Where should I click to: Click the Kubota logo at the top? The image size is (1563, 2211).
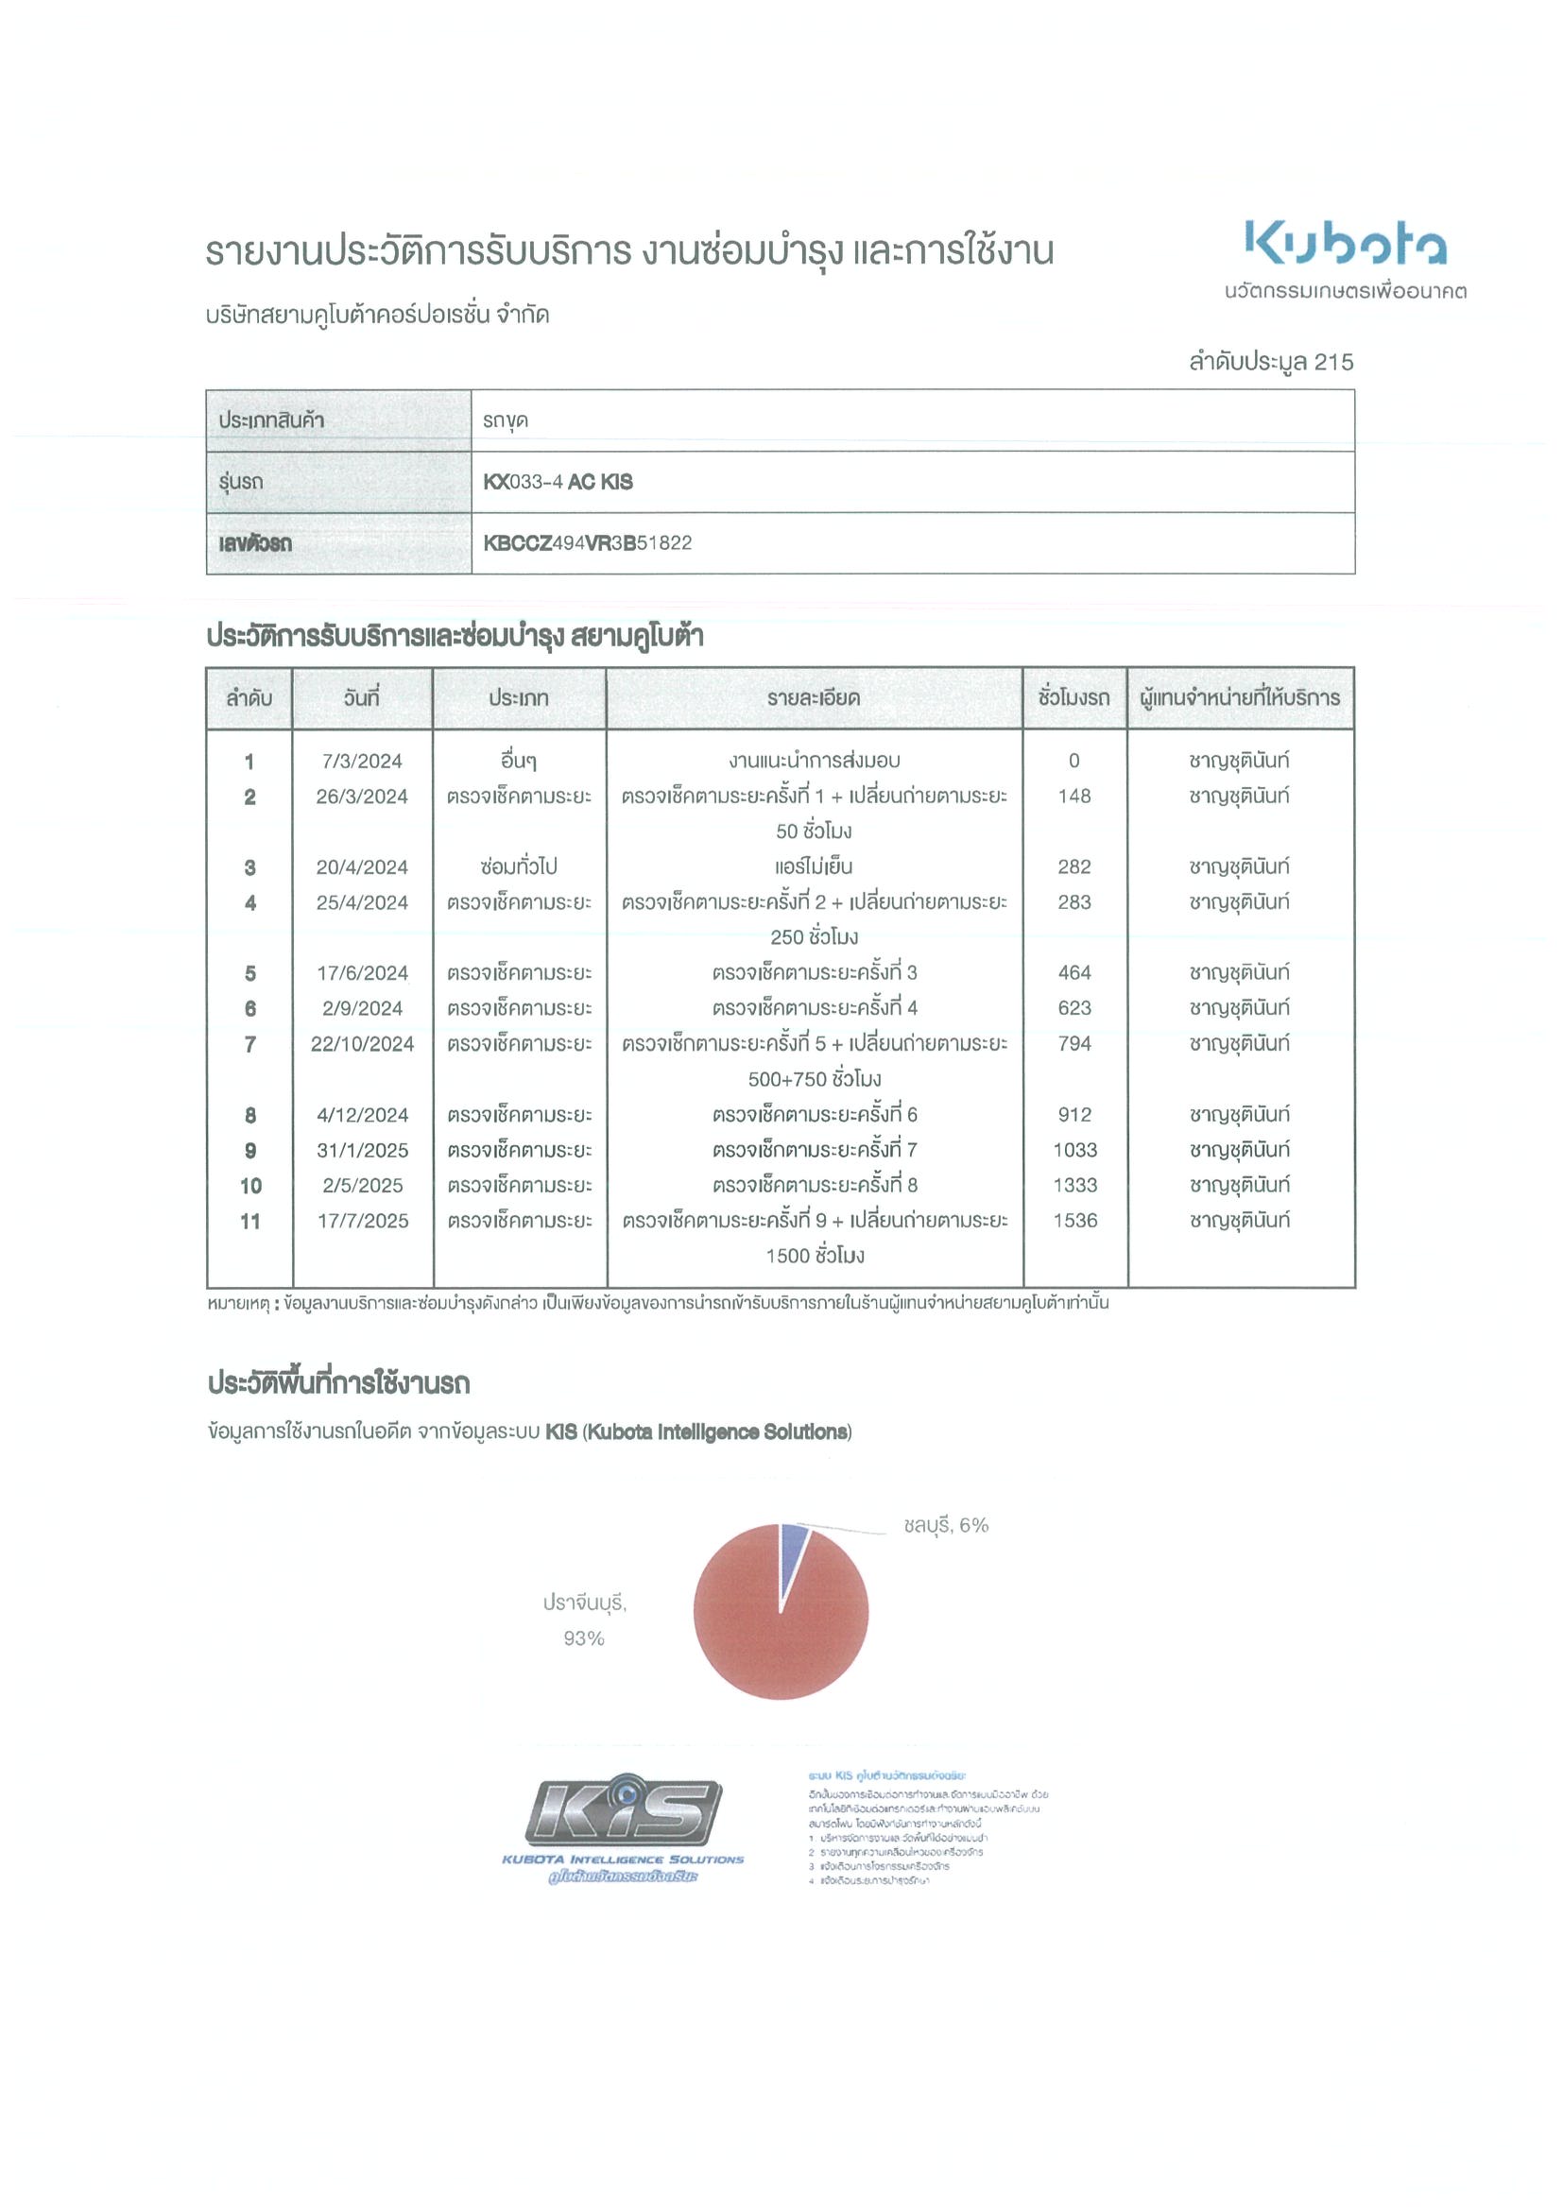point(1346,243)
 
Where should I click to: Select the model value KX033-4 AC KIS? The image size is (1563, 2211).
point(558,482)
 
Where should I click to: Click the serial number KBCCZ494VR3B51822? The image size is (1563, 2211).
point(588,543)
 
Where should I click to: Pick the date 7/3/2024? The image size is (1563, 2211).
point(362,761)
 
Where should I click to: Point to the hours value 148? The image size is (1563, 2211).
point(1073,797)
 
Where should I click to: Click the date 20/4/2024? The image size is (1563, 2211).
point(362,866)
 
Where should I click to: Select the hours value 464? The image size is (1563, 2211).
point(1073,972)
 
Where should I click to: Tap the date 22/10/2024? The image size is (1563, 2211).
point(362,1044)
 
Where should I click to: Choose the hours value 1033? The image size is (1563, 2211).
point(1074,1150)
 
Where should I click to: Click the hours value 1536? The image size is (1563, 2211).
point(1074,1221)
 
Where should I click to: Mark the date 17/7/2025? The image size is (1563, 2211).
point(362,1221)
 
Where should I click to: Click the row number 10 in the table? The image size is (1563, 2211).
point(250,1186)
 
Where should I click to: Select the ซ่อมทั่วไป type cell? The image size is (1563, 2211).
point(519,866)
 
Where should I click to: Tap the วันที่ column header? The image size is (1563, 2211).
point(362,698)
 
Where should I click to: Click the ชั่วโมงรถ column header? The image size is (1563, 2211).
point(1073,698)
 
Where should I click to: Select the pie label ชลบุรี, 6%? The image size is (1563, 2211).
point(946,1525)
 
